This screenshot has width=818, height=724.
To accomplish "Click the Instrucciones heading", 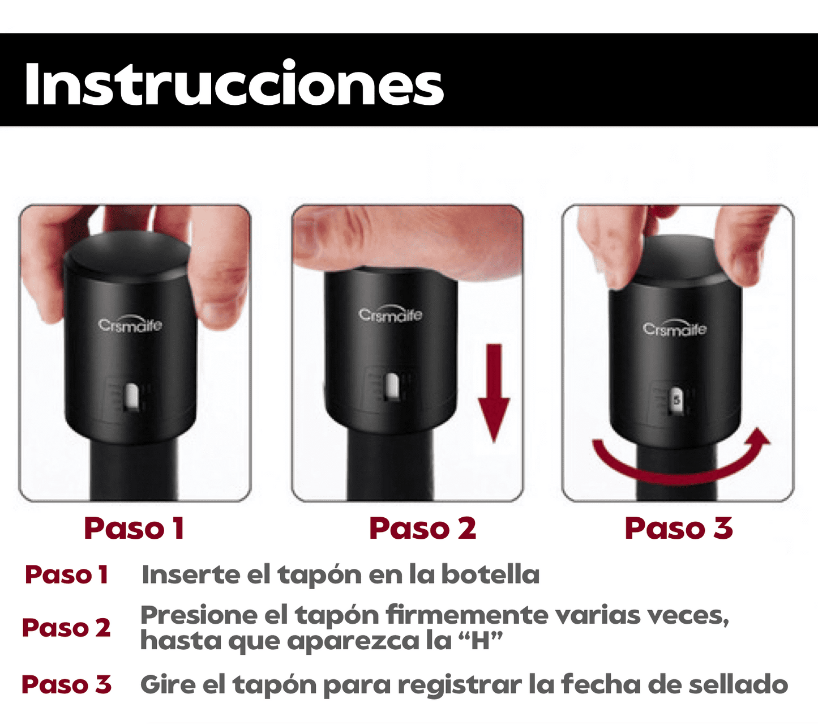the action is [234, 84].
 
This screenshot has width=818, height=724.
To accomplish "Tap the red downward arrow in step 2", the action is [494, 393].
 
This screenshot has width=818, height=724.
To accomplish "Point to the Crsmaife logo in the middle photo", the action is [391, 313].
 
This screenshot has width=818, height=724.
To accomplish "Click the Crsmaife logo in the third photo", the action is [675, 327].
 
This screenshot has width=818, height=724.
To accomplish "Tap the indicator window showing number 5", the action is [677, 401].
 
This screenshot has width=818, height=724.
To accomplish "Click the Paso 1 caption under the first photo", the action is [135, 529].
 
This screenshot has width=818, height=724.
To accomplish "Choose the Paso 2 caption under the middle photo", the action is [422, 529].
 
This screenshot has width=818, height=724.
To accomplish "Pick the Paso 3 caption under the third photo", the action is [679, 529].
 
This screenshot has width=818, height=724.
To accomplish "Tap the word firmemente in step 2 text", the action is [466, 615].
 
